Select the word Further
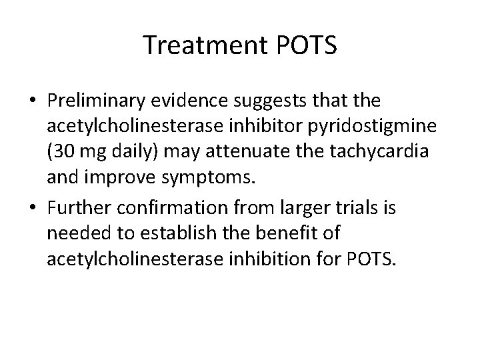pos(77,208)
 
